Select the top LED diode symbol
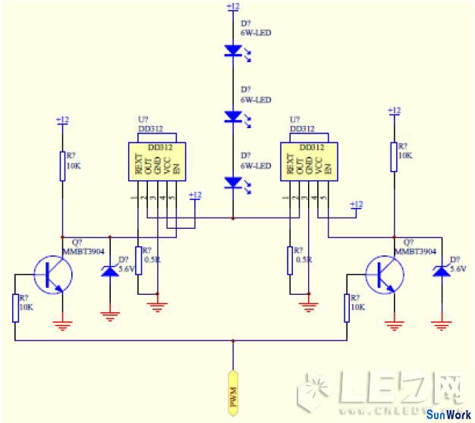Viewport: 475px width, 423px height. [233, 51]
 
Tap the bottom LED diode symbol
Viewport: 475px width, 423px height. [233, 183]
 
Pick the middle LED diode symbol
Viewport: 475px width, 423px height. [233, 117]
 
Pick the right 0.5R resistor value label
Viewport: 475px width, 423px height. [303, 259]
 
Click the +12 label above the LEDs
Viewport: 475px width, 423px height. [233, 6]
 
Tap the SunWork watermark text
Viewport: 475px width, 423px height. [448, 415]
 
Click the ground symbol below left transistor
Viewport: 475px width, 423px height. [63, 326]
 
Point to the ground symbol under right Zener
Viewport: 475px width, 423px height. [440, 325]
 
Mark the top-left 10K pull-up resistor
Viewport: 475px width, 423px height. [63, 166]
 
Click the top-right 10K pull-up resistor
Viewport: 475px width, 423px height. [394, 155]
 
